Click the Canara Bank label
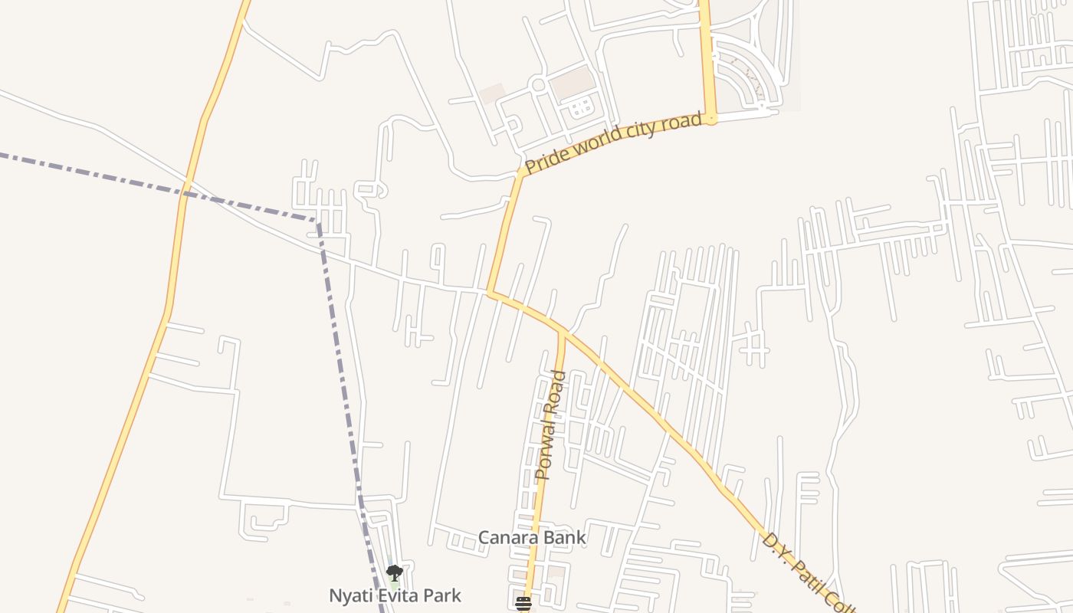pyautogui.click(x=532, y=538)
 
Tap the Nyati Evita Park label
pyautogui.click(x=395, y=595)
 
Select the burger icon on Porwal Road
pyautogui.click(x=523, y=604)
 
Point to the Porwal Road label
pyautogui.click(x=551, y=425)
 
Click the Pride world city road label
pyautogui.click(x=613, y=143)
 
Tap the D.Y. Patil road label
pyautogui.click(x=805, y=571)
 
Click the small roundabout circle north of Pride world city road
pyautogui.click(x=538, y=84)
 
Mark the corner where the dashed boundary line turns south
pyautogui.click(x=317, y=221)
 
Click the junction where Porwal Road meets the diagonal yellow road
pyautogui.click(x=562, y=331)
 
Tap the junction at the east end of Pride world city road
pyautogui.click(x=711, y=119)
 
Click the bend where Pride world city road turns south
pyautogui.click(x=521, y=172)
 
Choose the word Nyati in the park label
pyautogui.click(x=349, y=595)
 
